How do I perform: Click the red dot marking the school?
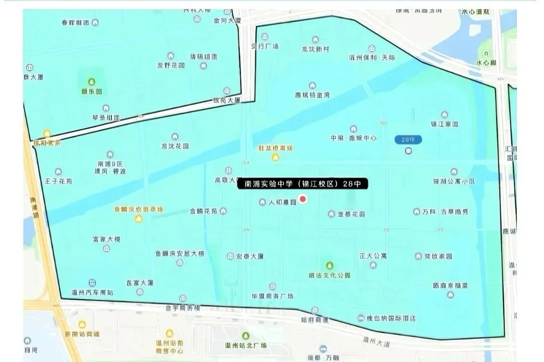(x=303, y=199)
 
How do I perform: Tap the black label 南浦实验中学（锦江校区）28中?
(x=303, y=184)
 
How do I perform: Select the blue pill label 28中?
(x=408, y=139)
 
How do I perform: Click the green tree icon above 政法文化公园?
(x=329, y=265)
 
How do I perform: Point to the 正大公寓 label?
(x=373, y=256)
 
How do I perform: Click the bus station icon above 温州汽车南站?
(x=92, y=283)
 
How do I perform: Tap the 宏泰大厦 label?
(x=250, y=256)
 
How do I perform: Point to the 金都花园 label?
(x=351, y=214)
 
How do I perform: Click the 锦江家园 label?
(x=444, y=124)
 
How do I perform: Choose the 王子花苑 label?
(x=58, y=181)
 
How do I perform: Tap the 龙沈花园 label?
(x=175, y=146)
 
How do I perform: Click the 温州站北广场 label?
(x=246, y=346)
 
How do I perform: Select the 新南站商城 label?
(x=82, y=334)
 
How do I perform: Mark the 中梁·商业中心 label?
(x=354, y=137)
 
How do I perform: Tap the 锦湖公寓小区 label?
(x=454, y=181)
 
